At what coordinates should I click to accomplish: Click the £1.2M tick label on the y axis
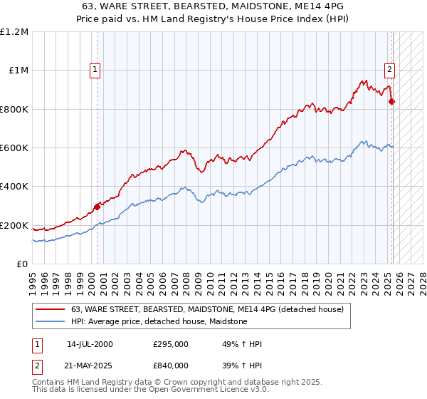pos(15,32)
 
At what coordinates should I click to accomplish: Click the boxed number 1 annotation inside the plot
pos(95,70)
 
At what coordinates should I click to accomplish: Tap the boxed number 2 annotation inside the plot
pos(390,70)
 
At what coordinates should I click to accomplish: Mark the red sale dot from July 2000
pos(97,207)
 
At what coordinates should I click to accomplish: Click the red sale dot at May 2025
pos(392,102)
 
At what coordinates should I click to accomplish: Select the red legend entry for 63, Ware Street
pos(207,309)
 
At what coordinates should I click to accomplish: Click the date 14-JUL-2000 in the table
pos(90,344)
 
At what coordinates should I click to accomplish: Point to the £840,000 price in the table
pos(171,365)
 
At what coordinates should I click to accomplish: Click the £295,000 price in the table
pos(171,344)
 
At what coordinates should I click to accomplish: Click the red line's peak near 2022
pos(364,80)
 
